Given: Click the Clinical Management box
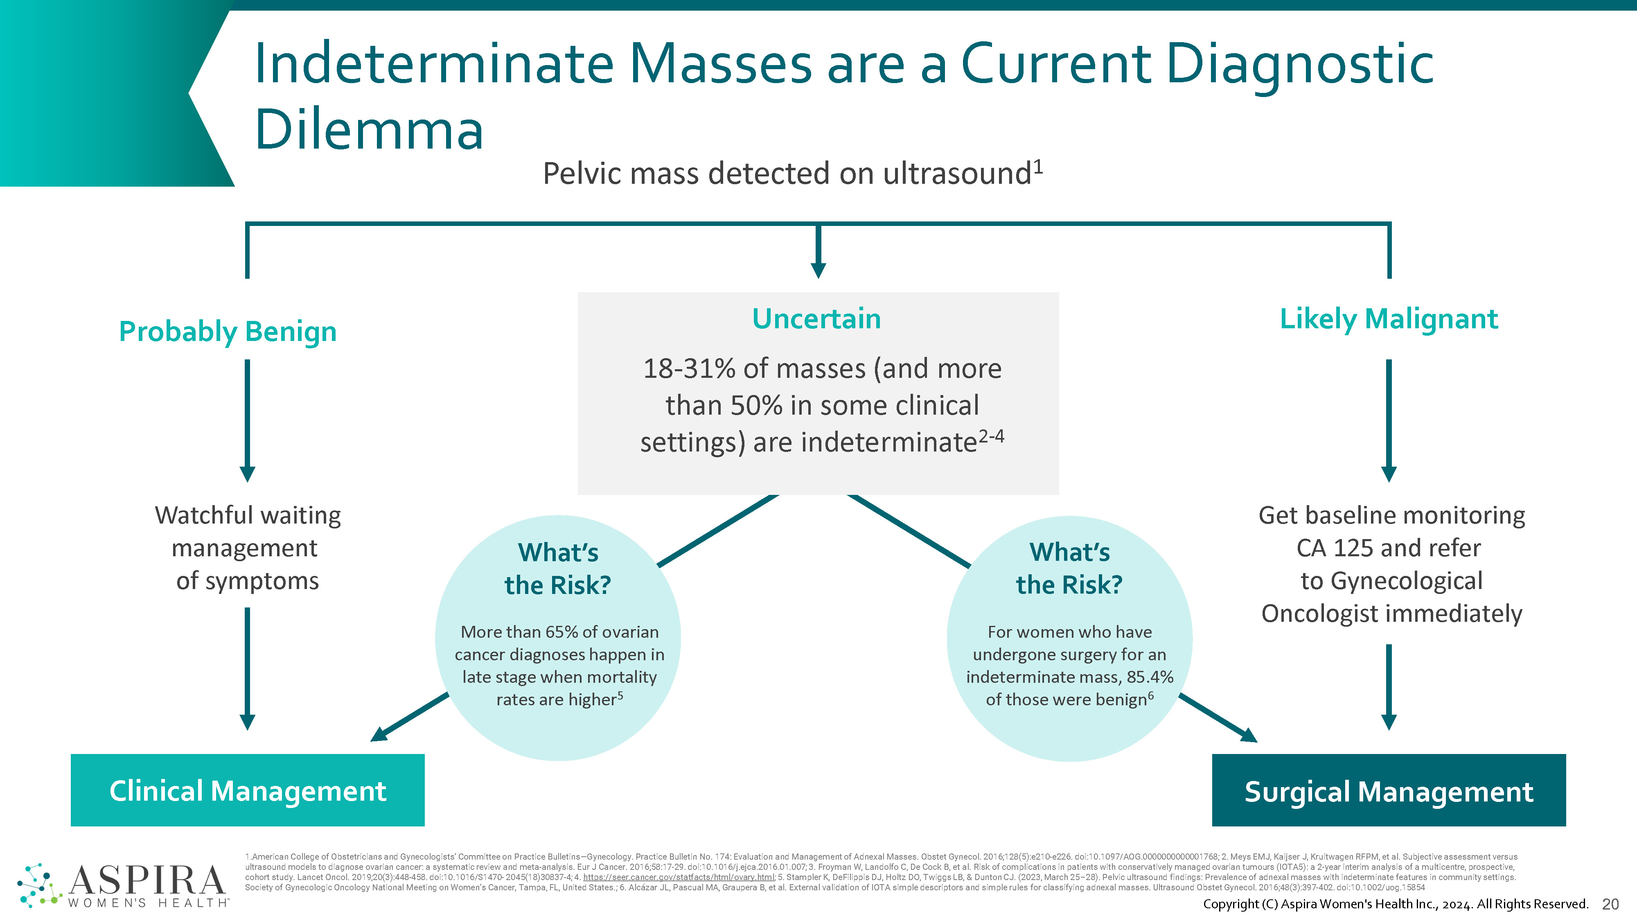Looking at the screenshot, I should tap(247, 790).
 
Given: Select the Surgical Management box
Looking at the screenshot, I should tap(1389, 790).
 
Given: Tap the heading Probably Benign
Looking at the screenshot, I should tap(228, 332).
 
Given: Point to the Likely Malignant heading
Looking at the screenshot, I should tap(1389, 319).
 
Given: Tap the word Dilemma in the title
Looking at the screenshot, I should tap(369, 130).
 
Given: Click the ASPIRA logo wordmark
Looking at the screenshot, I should tap(146, 880).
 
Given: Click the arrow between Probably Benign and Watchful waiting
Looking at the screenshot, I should tap(247, 420).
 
